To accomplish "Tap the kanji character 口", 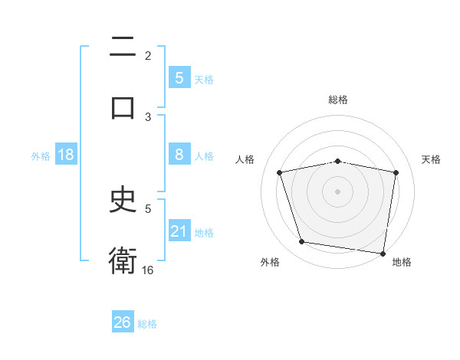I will point(123,107).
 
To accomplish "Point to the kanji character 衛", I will point(123,260).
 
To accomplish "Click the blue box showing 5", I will point(179,77).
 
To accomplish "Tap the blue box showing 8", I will point(179,155).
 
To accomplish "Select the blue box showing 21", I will point(179,231).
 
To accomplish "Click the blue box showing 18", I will point(66,155).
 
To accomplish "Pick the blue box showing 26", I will point(123,322).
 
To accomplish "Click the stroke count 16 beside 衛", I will point(148,270).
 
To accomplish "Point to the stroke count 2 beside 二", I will point(148,55).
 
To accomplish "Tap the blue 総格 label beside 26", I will point(147,324).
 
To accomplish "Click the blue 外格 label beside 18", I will point(41,155).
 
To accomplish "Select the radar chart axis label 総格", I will point(338,100).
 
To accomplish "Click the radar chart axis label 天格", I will point(431,159).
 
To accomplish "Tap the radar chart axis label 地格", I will point(402,263).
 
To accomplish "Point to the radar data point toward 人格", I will point(280,172).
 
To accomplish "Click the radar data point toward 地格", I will point(383,253).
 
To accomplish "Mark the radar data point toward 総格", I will point(338,161).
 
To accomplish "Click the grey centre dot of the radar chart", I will point(338,191).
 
